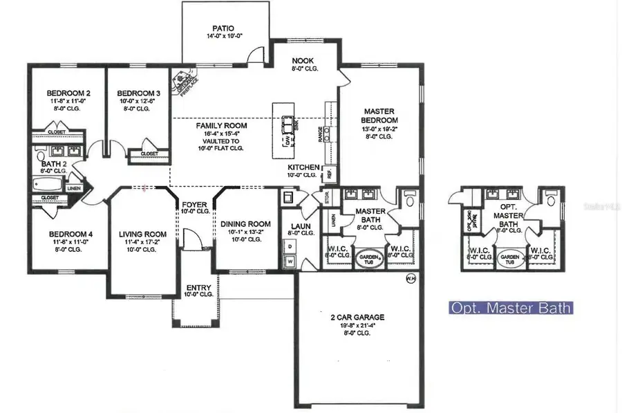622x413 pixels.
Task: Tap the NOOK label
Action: point(303,61)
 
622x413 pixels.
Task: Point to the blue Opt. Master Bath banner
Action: point(510,307)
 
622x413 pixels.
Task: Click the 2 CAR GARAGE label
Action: point(357,318)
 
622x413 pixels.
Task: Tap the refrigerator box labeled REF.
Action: point(329,173)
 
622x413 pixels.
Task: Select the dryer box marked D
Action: point(289,246)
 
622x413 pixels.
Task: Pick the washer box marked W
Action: point(289,261)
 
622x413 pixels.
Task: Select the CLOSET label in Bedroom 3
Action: point(149,154)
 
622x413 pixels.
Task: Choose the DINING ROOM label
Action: point(245,224)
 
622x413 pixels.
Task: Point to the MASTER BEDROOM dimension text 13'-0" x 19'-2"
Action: point(379,128)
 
